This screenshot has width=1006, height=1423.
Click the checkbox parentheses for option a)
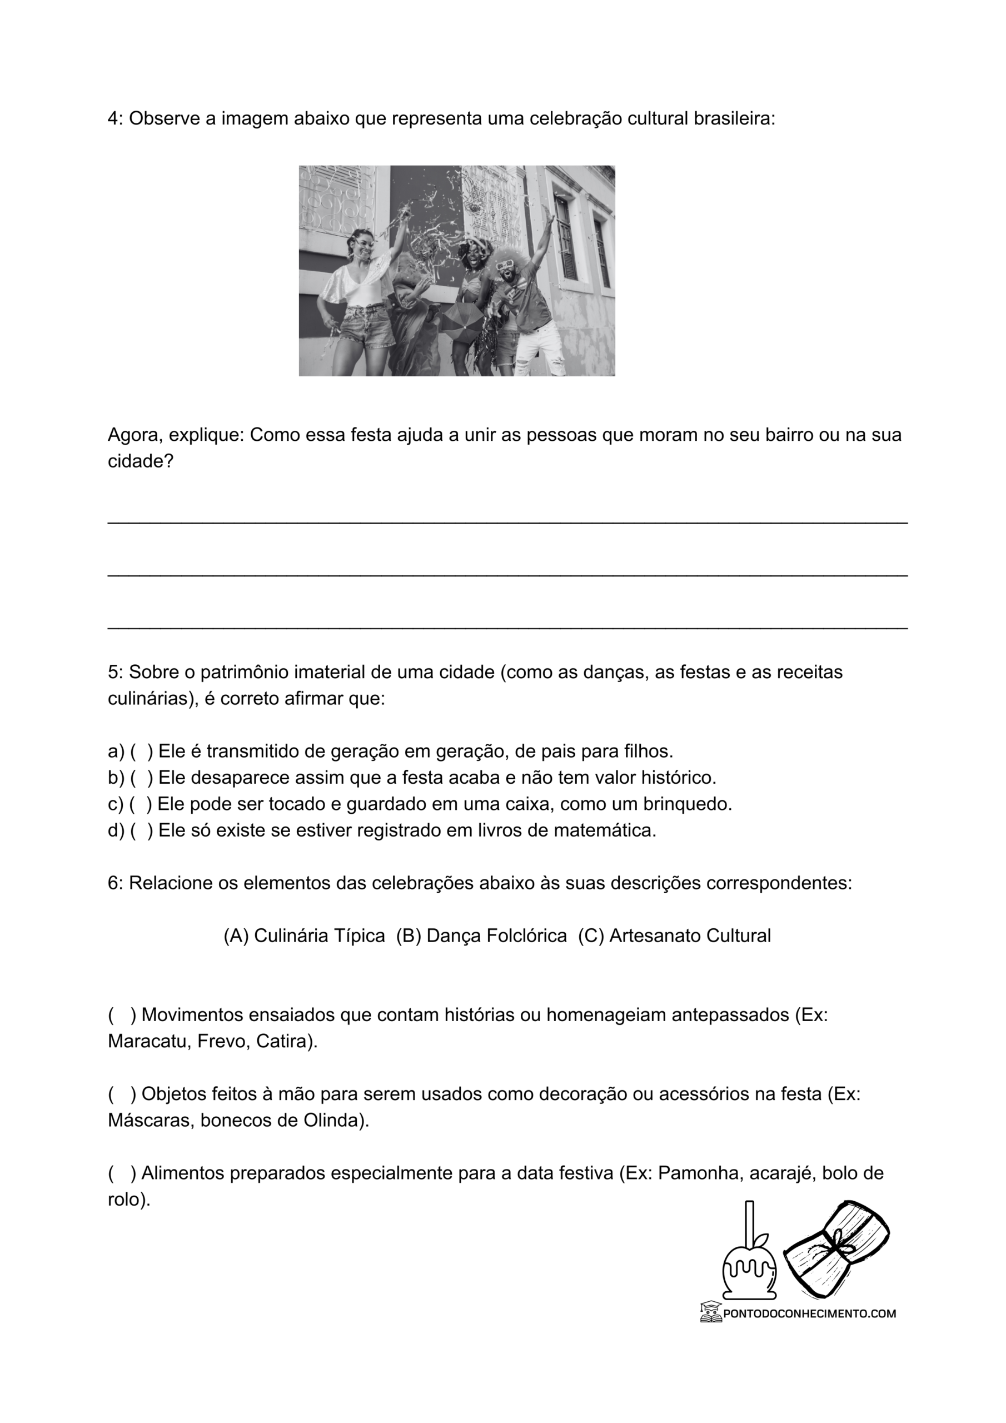point(141,751)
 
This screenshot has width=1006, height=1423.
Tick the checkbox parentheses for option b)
point(141,777)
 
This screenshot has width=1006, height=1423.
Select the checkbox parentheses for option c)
point(140,804)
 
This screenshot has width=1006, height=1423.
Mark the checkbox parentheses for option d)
point(141,830)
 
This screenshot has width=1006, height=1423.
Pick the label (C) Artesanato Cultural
point(674,936)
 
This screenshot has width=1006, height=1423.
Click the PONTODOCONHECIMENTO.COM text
point(809,1313)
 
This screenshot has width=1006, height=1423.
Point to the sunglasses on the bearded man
point(507,265)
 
